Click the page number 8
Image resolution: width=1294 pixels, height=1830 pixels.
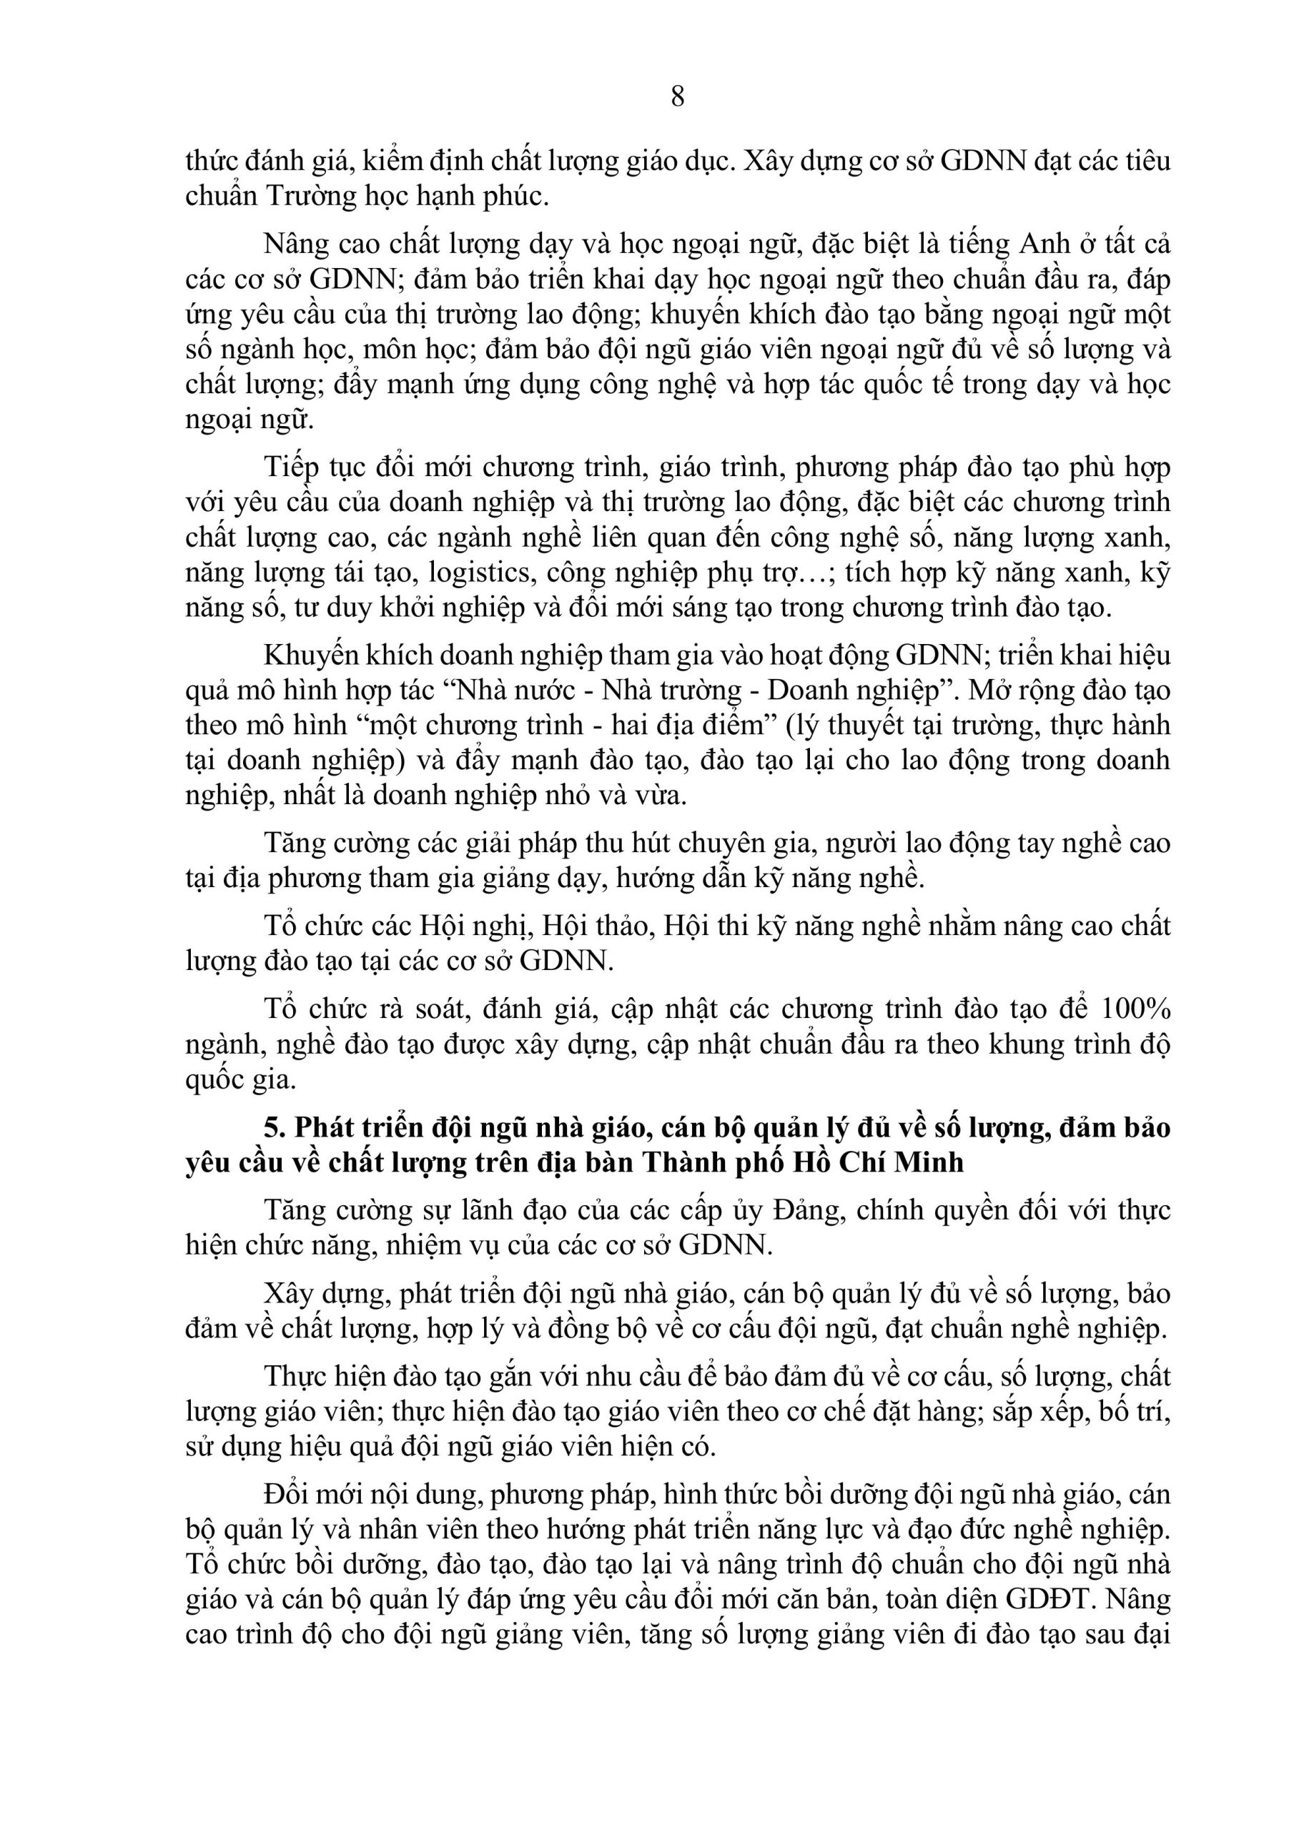pyautogui.click(x=678, y=97)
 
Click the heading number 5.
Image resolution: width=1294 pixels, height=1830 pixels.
pyautogui.click(x=275, y=1128)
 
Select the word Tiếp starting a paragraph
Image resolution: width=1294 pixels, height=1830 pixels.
pyautogui.click(x=292, y=468)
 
